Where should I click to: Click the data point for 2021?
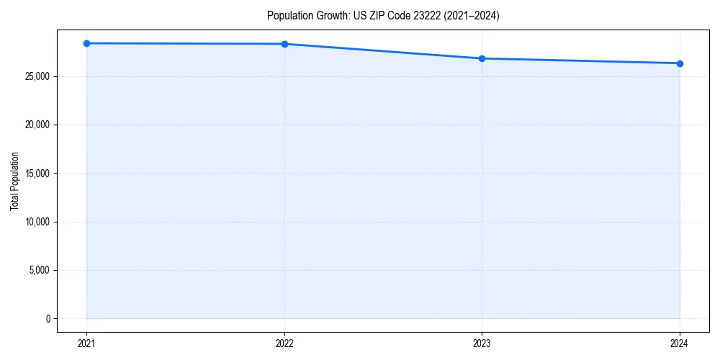(x=86, y=43)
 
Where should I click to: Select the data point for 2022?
(x=284, y=44)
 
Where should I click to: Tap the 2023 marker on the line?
(x=482, y=58)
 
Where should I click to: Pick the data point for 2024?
(x=680, y=63)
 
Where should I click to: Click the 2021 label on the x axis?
(x=86, y=343)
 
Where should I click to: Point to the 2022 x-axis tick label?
(x=284, y=343)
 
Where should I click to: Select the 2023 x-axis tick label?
(x=482, y=343)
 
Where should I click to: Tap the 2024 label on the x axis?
(x=680, y=343)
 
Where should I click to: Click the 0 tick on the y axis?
(x=48, y=318)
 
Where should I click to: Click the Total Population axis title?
(x=14, y=181)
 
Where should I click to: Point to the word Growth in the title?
(x=330, y=16)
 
